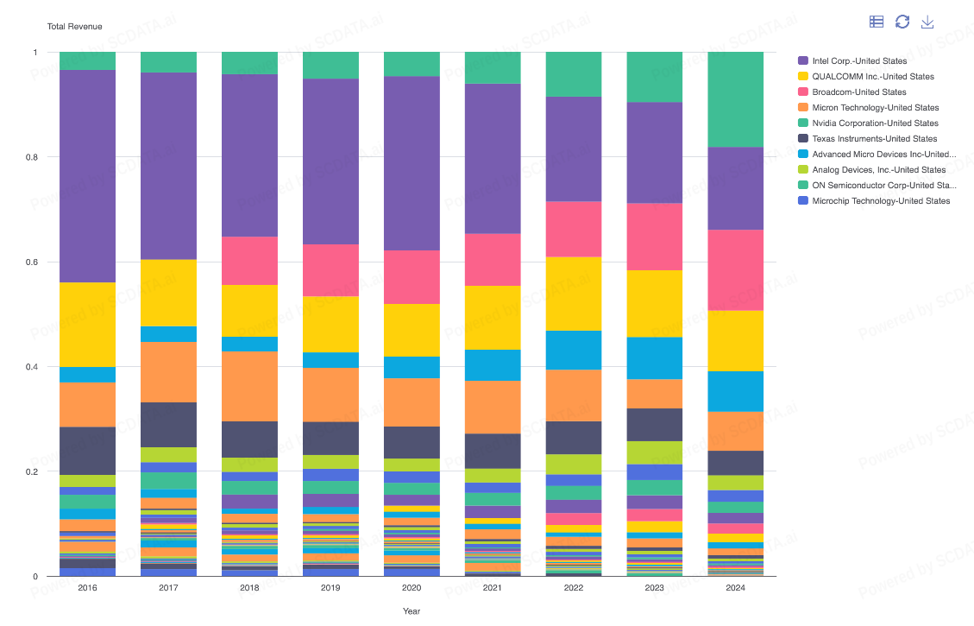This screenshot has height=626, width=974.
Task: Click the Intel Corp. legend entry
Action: (859, 61)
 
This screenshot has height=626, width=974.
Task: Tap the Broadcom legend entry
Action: (858, 92)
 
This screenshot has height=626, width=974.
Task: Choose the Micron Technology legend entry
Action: (875, 108)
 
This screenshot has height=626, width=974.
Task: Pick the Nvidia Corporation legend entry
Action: (875, 123)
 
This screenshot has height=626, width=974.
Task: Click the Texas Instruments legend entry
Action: (874, 139)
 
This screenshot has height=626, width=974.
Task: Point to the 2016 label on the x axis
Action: (87, 588)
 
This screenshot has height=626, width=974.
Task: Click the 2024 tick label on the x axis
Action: (736, 588)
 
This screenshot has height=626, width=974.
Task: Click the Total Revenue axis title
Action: (74, 27)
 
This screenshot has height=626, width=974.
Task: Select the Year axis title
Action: (412, 611)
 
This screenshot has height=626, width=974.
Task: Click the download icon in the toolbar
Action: (928, 22)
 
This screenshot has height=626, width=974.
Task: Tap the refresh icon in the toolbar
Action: (902, 22)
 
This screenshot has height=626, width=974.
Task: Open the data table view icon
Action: (877, 22)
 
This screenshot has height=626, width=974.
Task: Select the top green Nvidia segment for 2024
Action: (736, 99)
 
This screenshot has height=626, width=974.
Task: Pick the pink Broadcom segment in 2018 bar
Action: (249, 261)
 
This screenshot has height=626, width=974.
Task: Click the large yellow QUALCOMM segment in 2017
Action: (168, 293)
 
